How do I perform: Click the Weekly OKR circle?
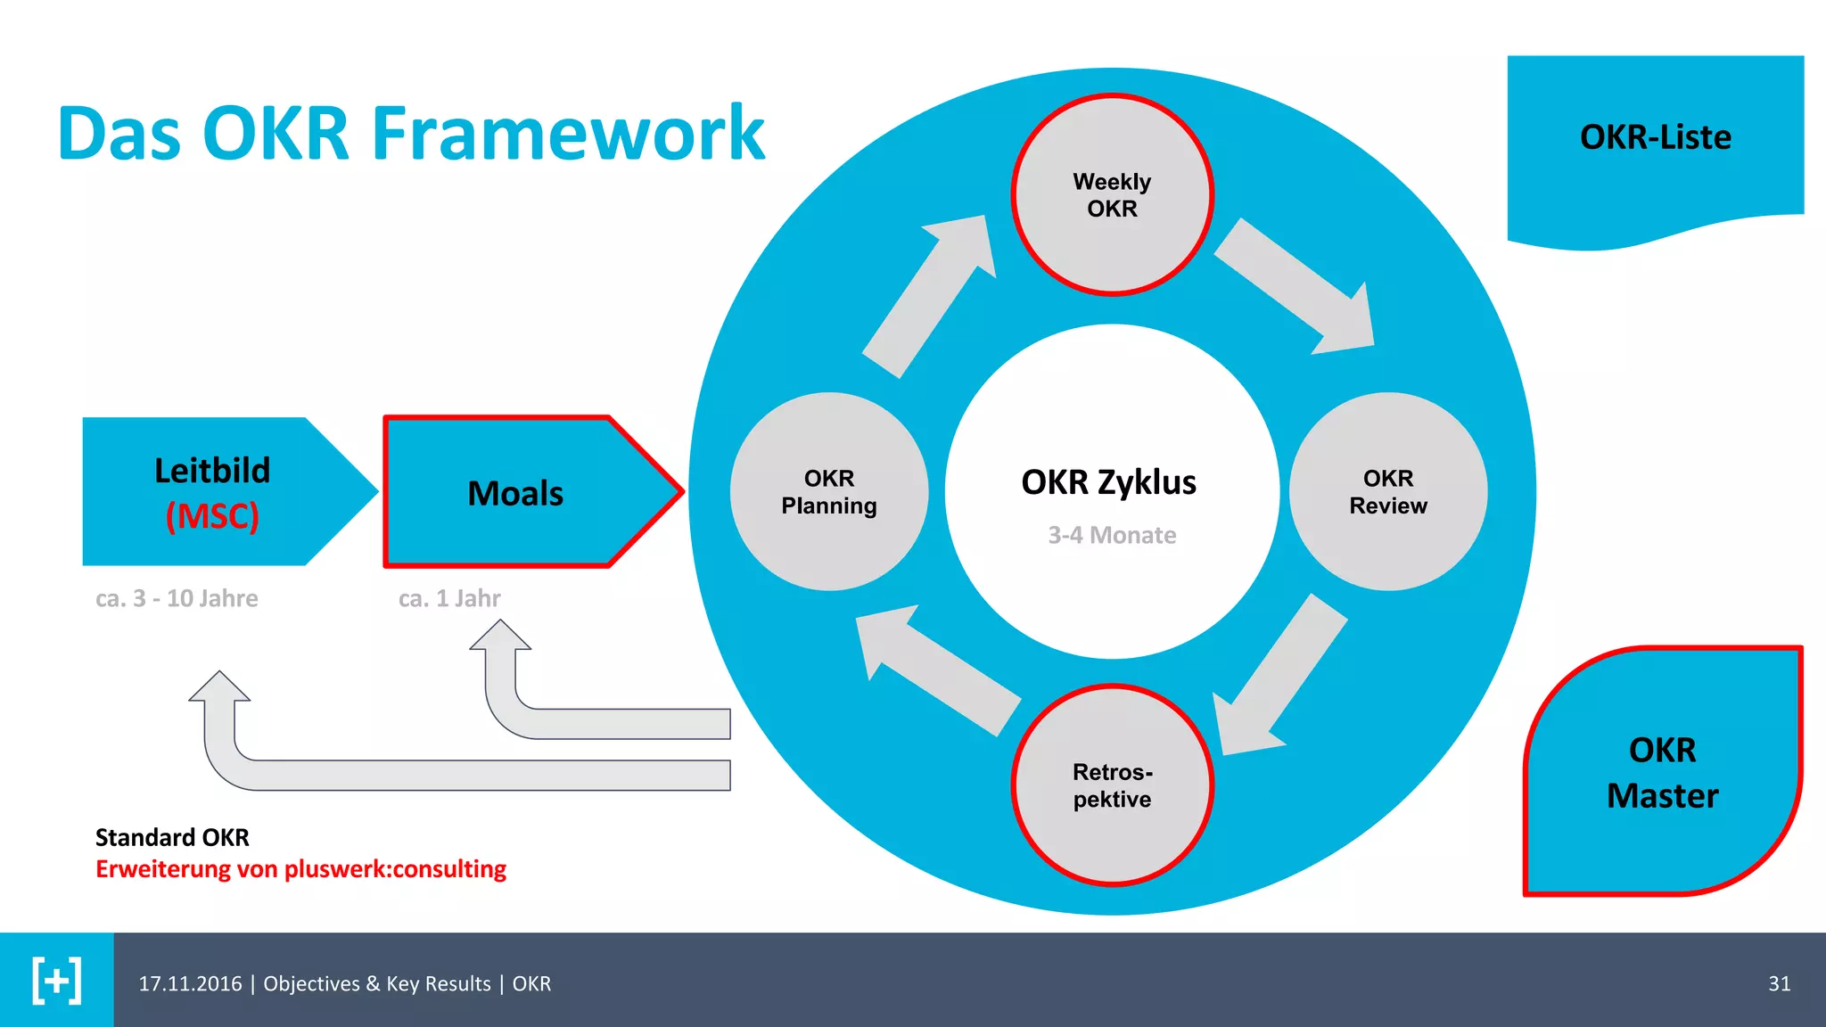(1112, 194)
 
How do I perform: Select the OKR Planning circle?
(828, 491)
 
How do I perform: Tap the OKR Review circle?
(1387, 491)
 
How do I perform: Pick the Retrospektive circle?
(1112, 785)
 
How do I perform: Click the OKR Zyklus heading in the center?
(1108, 482)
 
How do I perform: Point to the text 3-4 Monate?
(1112, 535)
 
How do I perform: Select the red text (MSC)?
(212, 516)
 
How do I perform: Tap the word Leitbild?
(212, 471)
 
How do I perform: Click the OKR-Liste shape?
(1655, 138)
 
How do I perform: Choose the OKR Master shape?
(1662, 772)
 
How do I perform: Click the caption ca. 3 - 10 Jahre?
(177, 598)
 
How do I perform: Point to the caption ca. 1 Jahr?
(449, 598)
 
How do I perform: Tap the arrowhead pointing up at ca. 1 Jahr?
(500, 636)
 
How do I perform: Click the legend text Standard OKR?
(172, 837)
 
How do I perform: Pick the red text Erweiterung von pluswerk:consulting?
(300, 869)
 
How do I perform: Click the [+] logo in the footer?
(56, 981)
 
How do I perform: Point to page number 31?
(1779, 983)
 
